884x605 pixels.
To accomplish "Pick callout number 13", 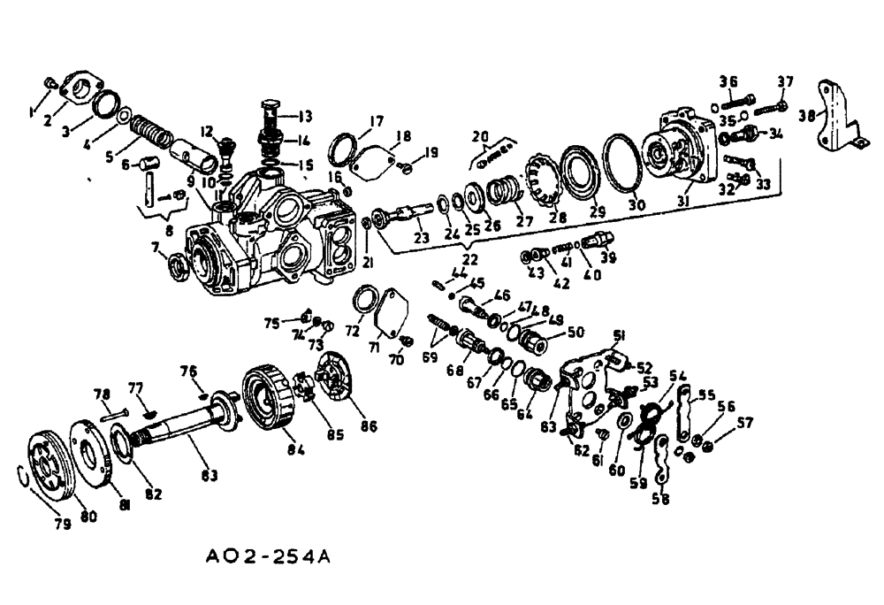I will point(305,115).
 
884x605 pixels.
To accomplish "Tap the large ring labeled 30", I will point(624,164).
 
